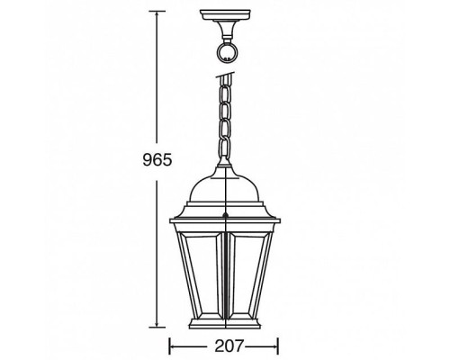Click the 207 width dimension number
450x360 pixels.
tap(223, 343)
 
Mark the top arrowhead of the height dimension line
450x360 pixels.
tap(159, 13)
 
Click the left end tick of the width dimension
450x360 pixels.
tap(169, 343)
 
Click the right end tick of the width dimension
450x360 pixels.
tap(278, 343)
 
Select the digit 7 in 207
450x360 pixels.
tap(236, 343)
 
